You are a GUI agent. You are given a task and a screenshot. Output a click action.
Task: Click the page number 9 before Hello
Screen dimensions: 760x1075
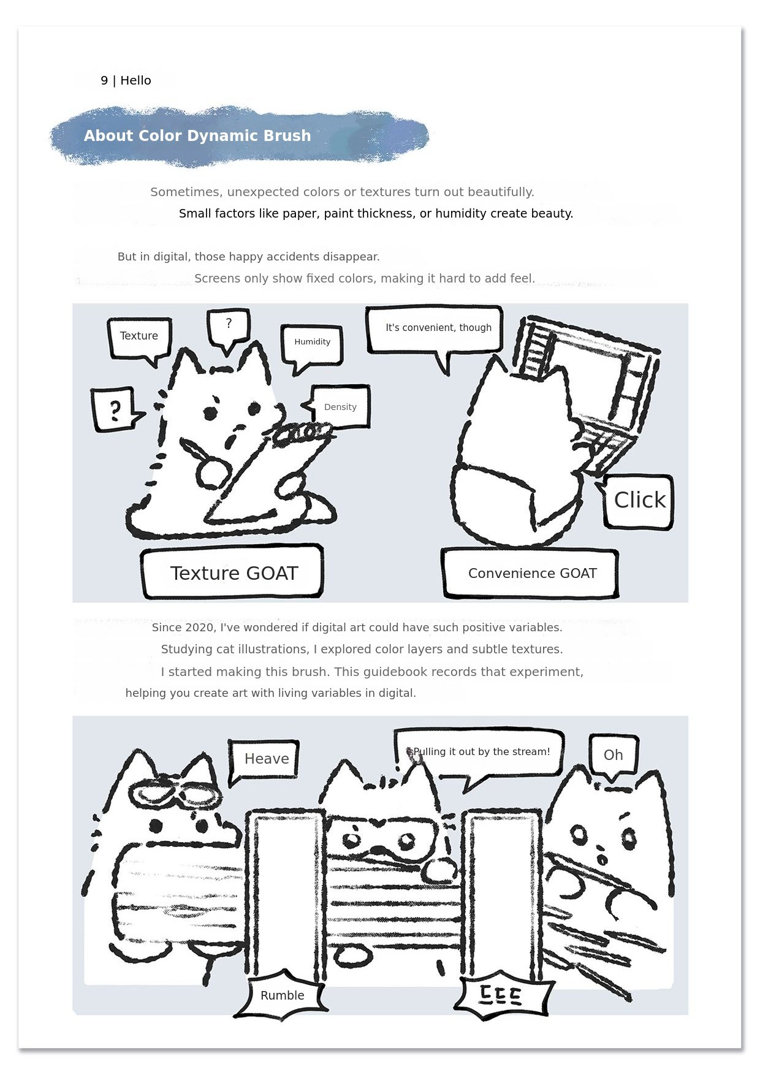pyautogui.click(x=104, y=80)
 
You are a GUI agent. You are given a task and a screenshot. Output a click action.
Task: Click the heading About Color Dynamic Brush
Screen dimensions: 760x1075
pyautogui.click(x=197, y=135)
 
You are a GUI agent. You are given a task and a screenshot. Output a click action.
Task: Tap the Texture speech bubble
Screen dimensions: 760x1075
pyautogui.click(x=139, y=339)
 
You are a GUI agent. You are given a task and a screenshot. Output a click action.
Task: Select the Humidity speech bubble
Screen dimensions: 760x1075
pyautogui.click(x=312, y=346)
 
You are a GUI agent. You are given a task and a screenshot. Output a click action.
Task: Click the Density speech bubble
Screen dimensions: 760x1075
pyautogui.click(x=338, y=406)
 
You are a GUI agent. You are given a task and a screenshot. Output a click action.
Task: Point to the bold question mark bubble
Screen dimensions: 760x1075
pyautogui.click(x=116, y=409)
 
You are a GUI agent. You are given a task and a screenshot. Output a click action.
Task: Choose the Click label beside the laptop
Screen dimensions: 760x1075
pyautogui.click(x=637, y=501)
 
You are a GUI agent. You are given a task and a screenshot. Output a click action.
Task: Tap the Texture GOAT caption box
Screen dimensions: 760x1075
pyautogui.click(x=233, y=572)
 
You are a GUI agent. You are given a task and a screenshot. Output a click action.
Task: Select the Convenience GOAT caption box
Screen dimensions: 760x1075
pyautogui.click(x=530, y=574)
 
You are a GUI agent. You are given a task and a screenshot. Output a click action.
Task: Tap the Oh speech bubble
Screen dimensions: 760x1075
pyautogui.click(x=613, y=756)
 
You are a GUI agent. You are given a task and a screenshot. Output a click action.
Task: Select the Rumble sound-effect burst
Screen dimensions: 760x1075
pyautogui.click(x=281, y=995)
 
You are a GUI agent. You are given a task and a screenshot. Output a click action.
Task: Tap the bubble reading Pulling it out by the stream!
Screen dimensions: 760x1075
pyautogui.click(x=479, y=755)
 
